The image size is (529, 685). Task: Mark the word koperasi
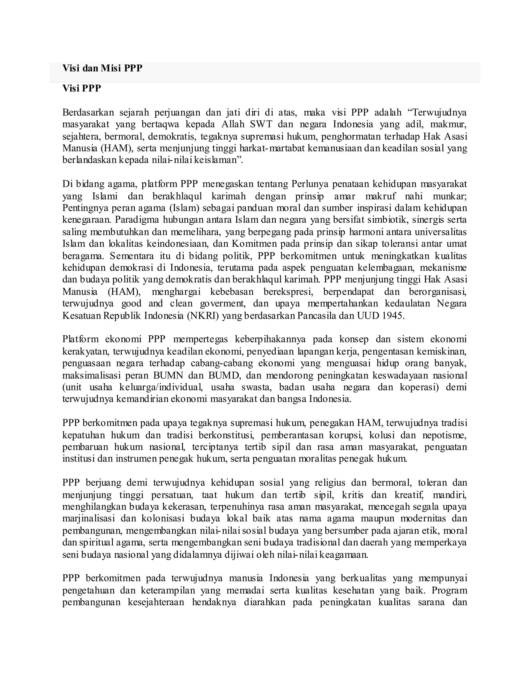[420, 387]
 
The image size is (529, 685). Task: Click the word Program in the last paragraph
[449, 591]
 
